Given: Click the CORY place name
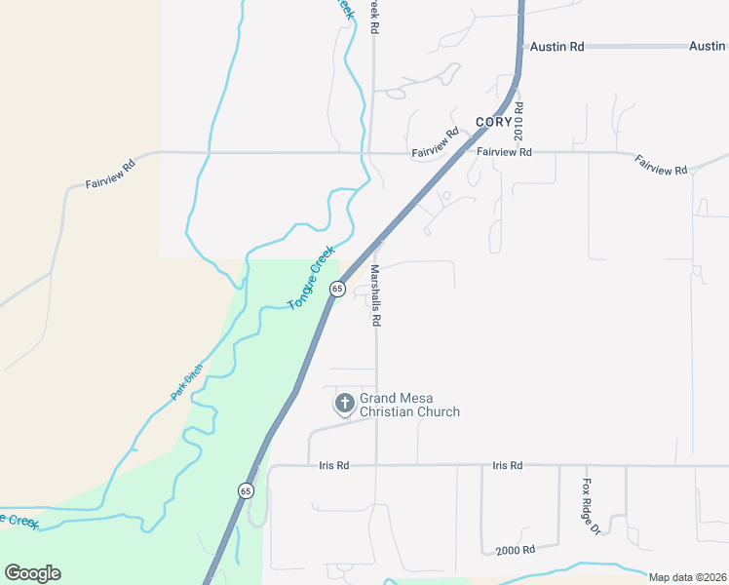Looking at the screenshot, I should pos(492,122).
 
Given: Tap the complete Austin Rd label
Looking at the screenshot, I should pos(556,46).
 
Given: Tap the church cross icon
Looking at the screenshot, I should pos(344,403).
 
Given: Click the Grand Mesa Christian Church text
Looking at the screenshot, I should pos(409,405).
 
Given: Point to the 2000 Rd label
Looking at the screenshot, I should pos(516,550).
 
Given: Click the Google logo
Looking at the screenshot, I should pos(32,573).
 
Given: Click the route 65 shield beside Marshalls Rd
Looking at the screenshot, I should pos(336,289).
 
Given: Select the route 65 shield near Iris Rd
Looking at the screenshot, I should pos(246,490).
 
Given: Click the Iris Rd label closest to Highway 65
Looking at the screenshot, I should pos(333,466).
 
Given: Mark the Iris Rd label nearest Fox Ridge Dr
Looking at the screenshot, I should pos(508,466).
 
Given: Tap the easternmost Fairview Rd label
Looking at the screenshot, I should pos(662,167).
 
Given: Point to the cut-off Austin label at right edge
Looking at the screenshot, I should pos(708,46).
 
